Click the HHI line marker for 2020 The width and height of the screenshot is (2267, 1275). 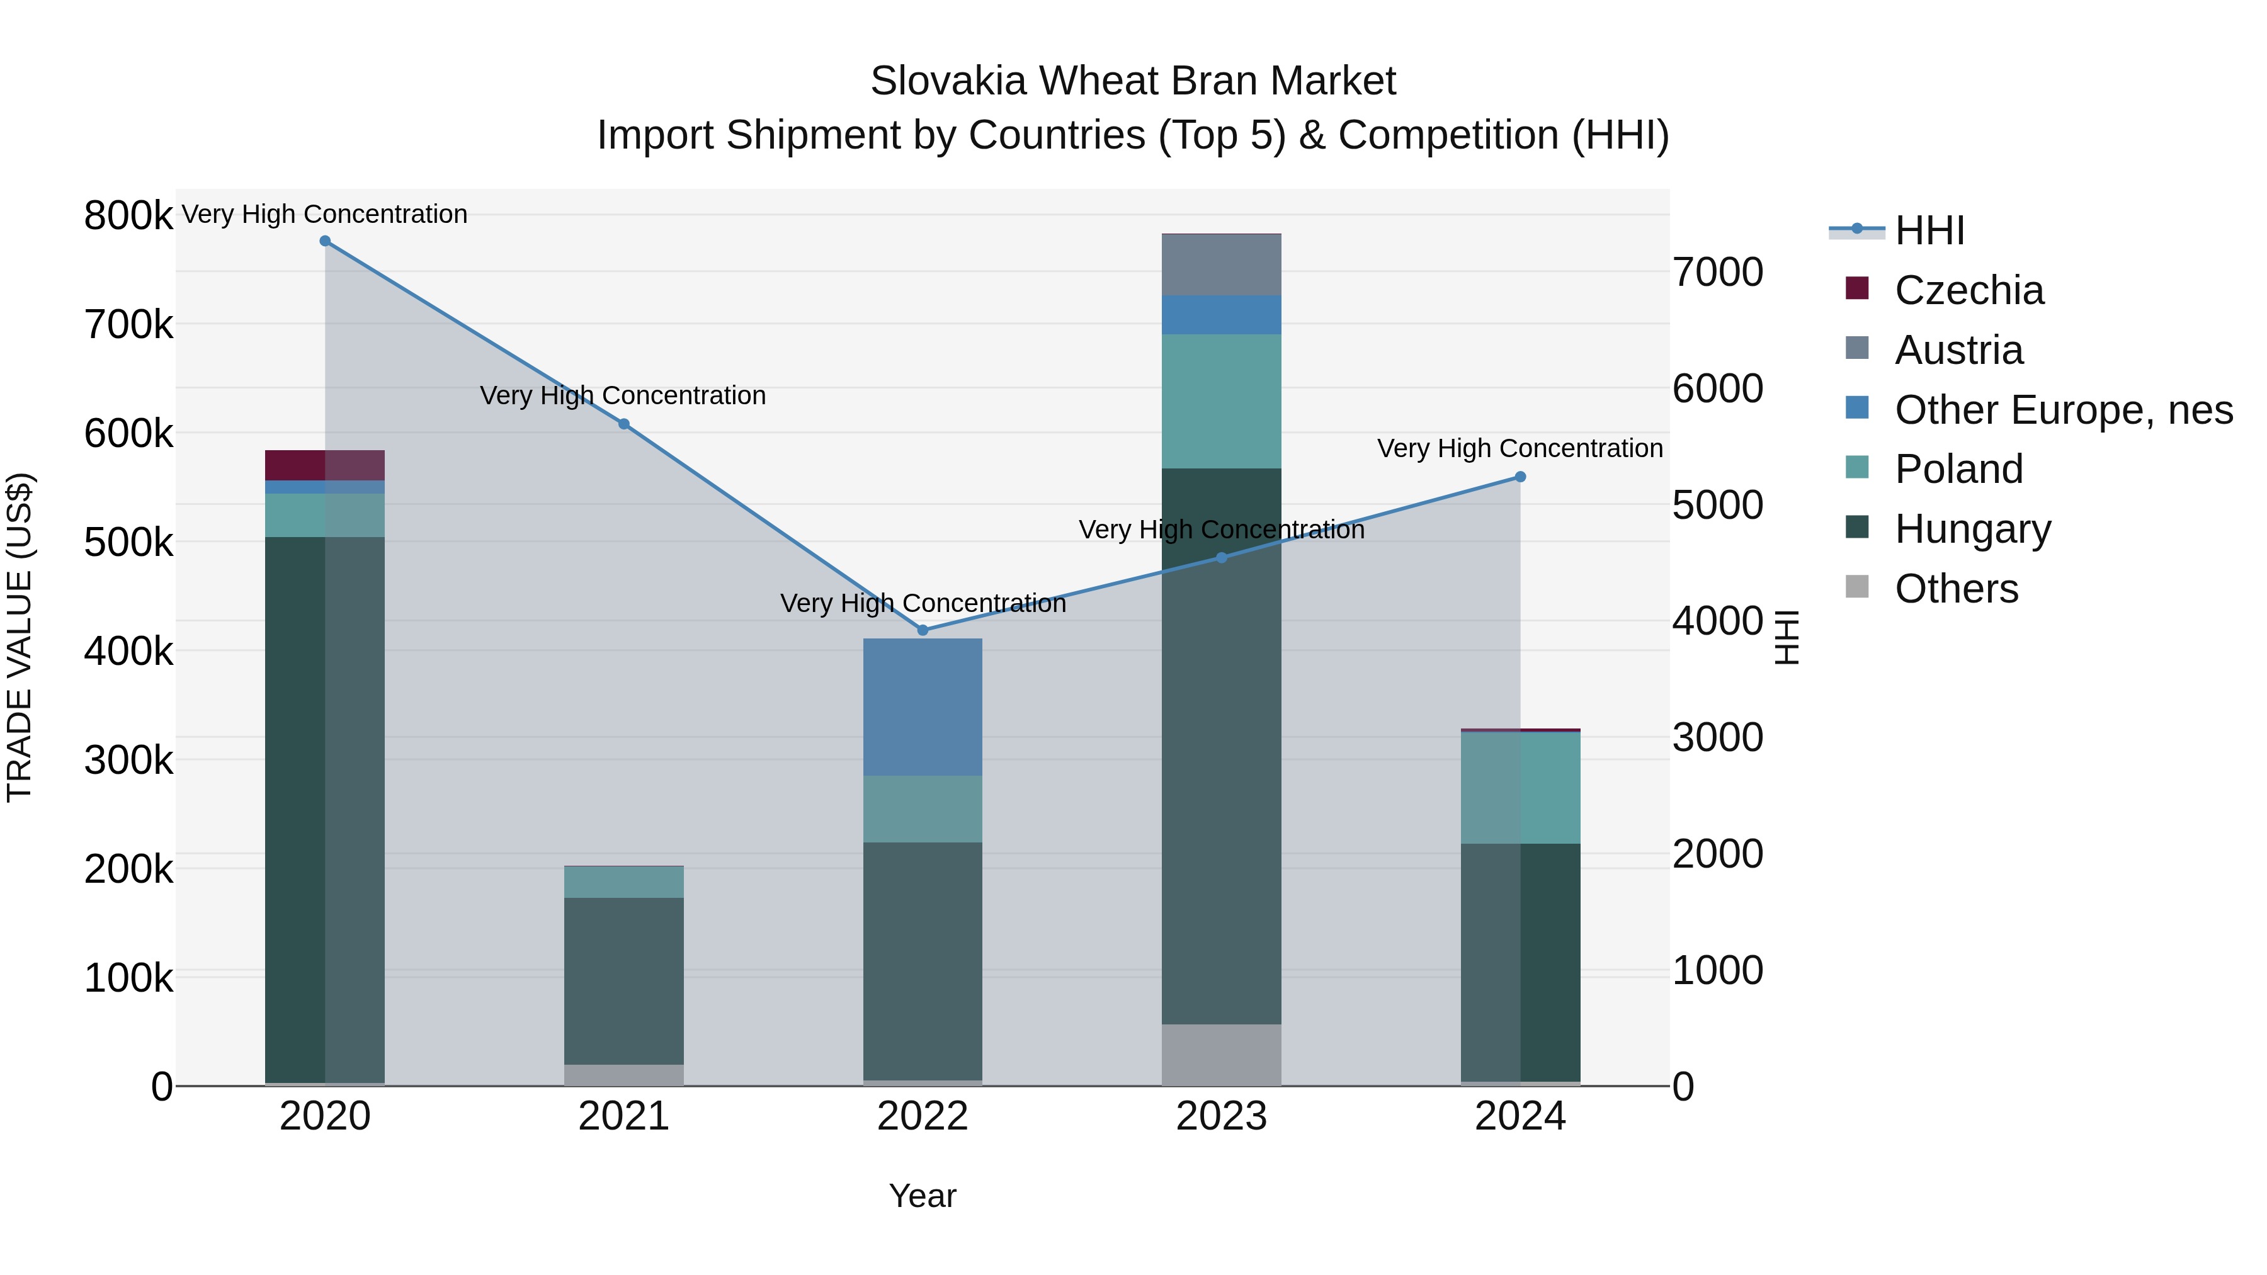(325, 241)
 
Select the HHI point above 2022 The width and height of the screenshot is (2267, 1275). (923, 630)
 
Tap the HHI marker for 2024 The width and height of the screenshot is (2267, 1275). (1520, 477)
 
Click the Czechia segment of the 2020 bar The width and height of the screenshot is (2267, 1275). (325, 465)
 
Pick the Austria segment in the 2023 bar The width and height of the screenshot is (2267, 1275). (1222, 265)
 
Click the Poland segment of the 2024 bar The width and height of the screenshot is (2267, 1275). (1520, 788)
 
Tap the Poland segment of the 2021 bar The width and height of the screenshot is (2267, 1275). (624, 881)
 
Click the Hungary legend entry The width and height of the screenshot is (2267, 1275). (1972, 529)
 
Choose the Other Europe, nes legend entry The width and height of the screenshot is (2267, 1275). (2063, 410)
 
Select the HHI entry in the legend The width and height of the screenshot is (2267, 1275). (1929, 230)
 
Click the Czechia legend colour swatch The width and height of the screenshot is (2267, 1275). (1857, 288)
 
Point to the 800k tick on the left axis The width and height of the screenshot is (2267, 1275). (128, 215)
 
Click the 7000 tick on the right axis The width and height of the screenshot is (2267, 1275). (1718, 273)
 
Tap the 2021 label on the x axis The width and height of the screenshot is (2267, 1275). (624, 1116)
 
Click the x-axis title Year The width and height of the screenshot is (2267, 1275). (923, 1196)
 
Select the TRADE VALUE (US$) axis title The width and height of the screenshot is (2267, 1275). (20, 637)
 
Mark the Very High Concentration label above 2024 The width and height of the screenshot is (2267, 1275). (1520, 449)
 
